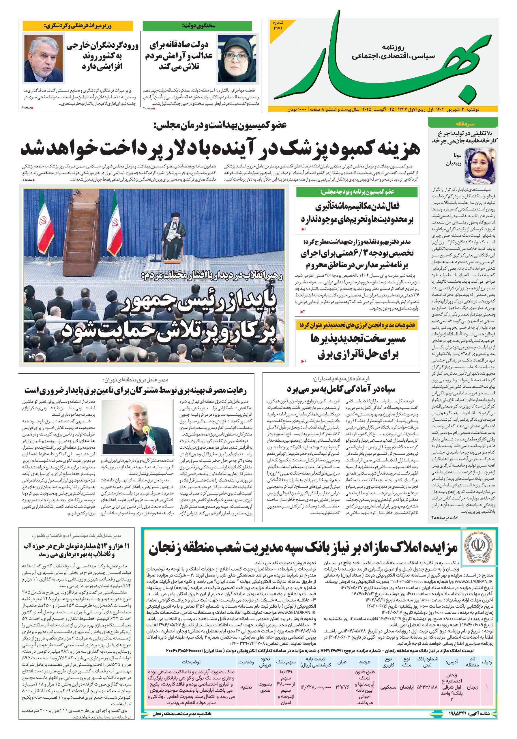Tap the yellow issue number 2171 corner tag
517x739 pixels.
click(278, 27)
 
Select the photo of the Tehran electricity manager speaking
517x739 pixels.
click(136, 426)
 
